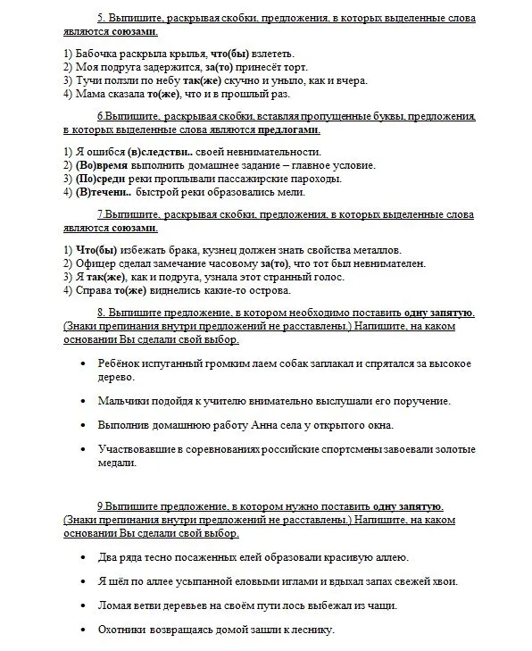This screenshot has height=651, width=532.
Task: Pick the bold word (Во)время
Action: [103, 164]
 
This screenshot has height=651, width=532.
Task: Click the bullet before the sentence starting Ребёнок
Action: [83, 363]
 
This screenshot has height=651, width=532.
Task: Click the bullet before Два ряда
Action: [83, 557]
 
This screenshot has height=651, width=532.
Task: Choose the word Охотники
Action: [127, 630]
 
